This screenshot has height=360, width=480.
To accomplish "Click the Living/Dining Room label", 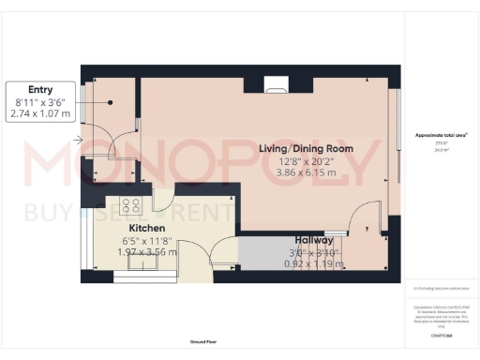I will coord(306,149).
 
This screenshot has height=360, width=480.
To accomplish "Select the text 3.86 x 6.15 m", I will coord(306,175).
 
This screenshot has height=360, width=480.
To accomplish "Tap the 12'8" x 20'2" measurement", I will coord(306,162).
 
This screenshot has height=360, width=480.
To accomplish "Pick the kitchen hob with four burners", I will coord(130,207).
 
